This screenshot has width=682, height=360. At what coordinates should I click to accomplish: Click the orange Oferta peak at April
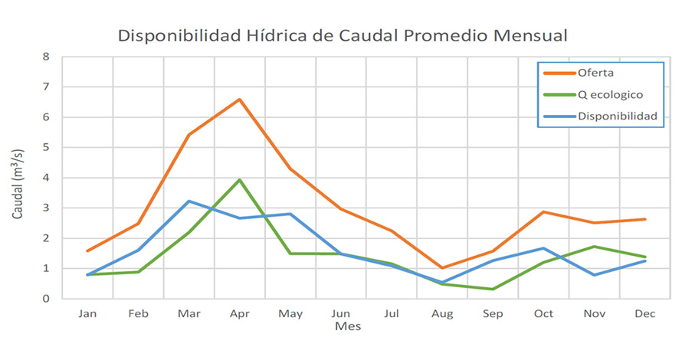click(x=239, y=100)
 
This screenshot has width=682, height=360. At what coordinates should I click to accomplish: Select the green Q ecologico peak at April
click(x=239, y=180)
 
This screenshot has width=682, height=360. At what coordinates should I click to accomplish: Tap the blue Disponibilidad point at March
click(x=189, y=201)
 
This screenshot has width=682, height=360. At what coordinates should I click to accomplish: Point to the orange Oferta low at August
click(x=442, y=268)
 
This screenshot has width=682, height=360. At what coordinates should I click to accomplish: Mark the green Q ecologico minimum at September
click(x=493, y=289)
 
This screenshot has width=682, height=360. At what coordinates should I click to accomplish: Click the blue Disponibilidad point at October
click(x=543, y=248)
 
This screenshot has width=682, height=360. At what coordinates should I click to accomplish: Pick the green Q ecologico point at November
click(x=594, y=247)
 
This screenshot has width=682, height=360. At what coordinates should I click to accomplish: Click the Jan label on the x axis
click(x=87, y=313)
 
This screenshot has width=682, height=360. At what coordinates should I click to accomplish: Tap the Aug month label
click(x=442, y=313)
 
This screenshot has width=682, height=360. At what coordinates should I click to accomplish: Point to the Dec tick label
click(x=644, y=313)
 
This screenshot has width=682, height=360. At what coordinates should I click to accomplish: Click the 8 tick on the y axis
click(x=46, y=57)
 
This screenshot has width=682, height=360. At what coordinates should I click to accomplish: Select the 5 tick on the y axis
click(x=46, y=147)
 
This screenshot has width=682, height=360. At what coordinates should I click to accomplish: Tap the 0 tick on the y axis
click(x=46, y=299)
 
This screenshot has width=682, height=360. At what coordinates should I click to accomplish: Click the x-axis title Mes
click(x=347, y=326)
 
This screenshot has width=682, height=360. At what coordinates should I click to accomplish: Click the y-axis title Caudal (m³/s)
click(x=18, y=178)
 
